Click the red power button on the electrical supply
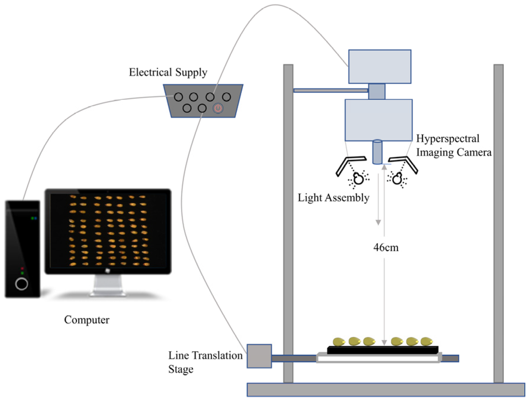(218, 108)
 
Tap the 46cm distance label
(386, 247)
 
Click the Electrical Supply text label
(168, 72)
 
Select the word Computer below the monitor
(86, 320)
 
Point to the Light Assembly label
(333, 198)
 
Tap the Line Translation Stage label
(205, 362)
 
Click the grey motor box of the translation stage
(259, 356)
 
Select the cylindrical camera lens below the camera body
(377, 152)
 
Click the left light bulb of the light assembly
(359, 179)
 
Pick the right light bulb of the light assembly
(397, 179)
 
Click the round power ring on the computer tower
(22, 284)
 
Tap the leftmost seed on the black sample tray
(339, 342)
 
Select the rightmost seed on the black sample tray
(427, 342)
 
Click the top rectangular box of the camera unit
(380, 67)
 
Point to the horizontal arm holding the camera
(330, 90)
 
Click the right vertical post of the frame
(498, 223)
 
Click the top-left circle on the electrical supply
(178, 97)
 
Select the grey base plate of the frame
(386, 390)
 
